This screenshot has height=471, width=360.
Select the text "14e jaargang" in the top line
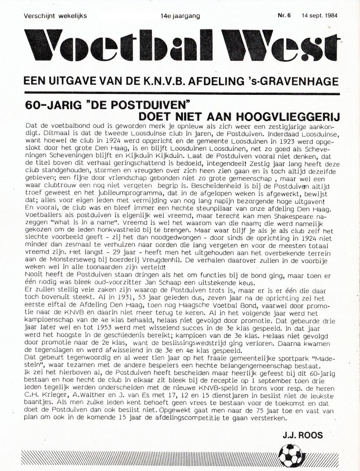180,16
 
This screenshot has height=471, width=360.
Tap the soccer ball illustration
291,456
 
